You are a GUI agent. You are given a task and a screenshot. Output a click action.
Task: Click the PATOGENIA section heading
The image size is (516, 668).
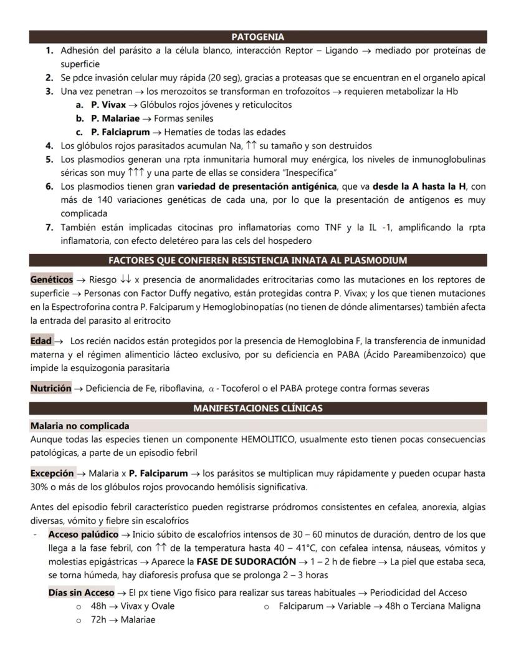click(x=257, y=37)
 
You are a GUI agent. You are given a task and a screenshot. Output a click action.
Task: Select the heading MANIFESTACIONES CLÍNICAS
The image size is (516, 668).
click(x=257, y=409)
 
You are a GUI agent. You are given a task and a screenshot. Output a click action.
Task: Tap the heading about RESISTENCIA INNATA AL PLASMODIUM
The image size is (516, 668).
click(x=257, y=260)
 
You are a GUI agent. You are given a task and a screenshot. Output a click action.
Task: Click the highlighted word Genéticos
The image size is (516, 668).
click(x=51, y=279)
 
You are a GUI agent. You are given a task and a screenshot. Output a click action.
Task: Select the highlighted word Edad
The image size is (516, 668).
click(x=41, y=341)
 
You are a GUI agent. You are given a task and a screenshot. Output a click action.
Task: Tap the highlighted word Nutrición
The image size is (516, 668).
click(x=50, y=388)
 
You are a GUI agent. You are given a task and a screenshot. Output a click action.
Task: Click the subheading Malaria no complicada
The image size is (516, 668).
click(x=80, y=426)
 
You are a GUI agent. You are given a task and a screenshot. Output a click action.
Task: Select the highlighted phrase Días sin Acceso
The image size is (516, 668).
click(x=81, y=593)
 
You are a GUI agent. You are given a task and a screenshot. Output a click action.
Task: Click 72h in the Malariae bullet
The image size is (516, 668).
click(x=98, y=620)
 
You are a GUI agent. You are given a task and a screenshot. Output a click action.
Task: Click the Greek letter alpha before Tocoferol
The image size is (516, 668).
click(x=211, y=389)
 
